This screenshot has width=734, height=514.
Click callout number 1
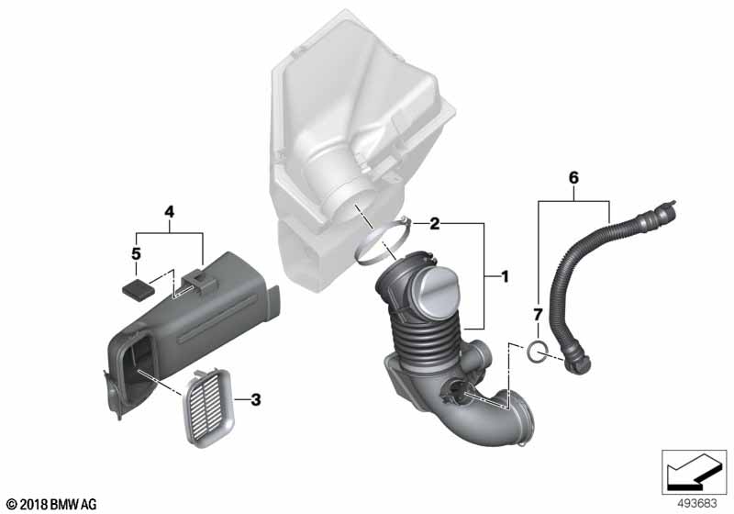pyautogui.click(x=505, y=276)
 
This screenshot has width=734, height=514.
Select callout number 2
pyautogui.click(x=435, y=224)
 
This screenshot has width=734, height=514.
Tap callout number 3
pyautogui.click(x=256, y=400)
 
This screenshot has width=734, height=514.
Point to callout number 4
pyautogui.click(x=169, y=212)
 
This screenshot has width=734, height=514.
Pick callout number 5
pyautogui.click(x=136, y=254)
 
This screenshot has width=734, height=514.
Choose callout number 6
pyautogui.click(x=573, y=178)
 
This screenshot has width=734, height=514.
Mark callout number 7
pyautogui.click(x=538, y=315)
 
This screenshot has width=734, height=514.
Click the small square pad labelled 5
pyautogui.click(x=139, y=287)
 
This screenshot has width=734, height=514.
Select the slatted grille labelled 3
pyautogui.click(x=208, y=406)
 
